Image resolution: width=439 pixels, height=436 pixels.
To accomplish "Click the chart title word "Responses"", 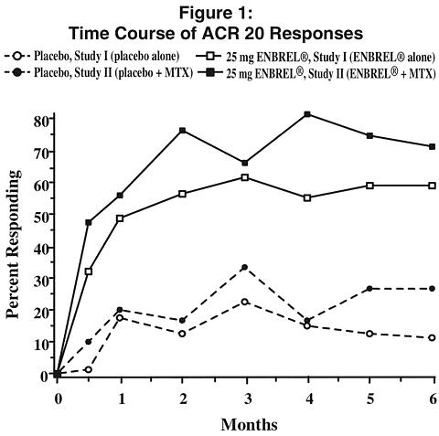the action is coord(316,34).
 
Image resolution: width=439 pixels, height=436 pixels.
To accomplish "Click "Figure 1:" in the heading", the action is coord(216,14).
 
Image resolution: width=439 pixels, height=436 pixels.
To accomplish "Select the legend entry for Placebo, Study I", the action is coord(91,57).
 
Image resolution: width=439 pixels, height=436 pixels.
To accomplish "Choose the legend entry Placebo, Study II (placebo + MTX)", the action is coord(99,73).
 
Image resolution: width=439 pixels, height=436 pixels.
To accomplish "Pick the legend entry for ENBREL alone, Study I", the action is coord(316,57).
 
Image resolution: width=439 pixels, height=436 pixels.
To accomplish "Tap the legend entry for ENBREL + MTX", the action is coord(316,73).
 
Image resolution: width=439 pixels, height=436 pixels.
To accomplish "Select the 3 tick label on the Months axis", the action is coord(247,399).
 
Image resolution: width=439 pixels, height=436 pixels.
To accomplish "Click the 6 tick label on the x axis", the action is coord(433,399).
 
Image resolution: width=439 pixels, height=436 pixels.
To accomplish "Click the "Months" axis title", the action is coord(249,424).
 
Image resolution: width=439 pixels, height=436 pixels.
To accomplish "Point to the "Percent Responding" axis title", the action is coord(14,244).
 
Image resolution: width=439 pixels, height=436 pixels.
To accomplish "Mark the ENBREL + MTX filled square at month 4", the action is coord(307,114).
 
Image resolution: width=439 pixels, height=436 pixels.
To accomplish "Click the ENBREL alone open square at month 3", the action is coord(245,177).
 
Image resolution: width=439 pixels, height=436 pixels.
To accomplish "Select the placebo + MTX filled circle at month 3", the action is coord(244,267).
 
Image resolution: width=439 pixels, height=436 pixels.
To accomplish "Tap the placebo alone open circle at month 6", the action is coord(432,337).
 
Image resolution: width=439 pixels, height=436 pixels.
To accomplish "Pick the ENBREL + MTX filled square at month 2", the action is coord(182,131).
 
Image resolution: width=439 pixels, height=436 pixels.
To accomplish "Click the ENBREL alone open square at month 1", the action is coord(120,218).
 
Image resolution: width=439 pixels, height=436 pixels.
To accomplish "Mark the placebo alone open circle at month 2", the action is coord(182,334).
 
